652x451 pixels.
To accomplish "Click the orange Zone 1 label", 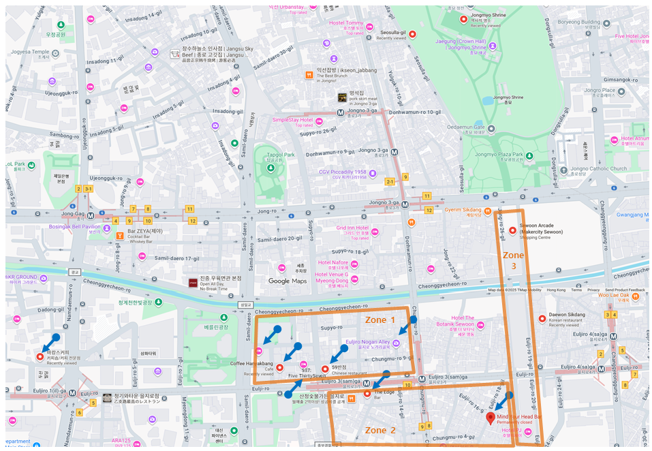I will point(380,320).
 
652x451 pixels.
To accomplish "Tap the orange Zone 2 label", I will point(380,430).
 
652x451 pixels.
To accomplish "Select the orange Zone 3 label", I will point(514,260).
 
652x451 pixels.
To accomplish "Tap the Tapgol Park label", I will point(280,155).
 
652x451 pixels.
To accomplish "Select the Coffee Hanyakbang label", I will point(251,364).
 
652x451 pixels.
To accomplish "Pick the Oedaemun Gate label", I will point(484,127).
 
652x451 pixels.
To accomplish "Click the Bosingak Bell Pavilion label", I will point(74,226).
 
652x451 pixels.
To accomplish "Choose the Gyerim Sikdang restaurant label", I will point(463,210).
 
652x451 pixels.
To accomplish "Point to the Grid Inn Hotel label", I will point(352,228).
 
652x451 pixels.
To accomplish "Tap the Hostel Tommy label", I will point(346,23).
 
